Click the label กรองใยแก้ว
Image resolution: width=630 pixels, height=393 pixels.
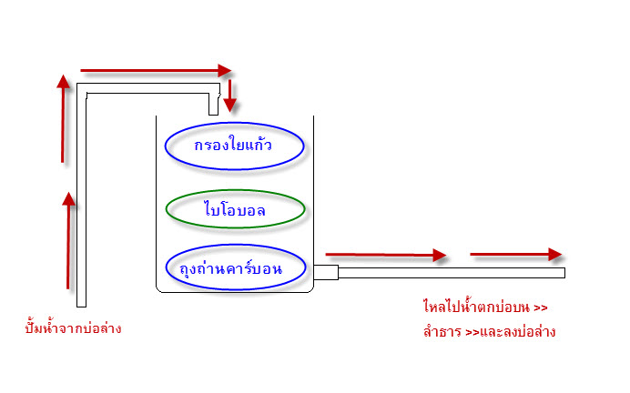point(233,145)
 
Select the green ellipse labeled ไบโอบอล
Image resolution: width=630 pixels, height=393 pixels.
point(236,190)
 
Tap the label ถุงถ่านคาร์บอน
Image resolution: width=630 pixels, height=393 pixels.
point(230,268)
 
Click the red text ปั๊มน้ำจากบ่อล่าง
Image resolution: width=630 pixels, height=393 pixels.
point(73,327)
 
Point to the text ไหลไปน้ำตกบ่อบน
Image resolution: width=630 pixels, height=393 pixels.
point(476,307)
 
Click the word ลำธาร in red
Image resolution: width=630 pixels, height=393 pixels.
point(442,331)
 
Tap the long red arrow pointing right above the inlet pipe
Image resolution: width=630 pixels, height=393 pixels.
point(156,71)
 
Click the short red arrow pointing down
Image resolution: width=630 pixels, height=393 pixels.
point(229,96)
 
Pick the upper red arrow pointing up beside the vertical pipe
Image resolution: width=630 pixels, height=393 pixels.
point(63,118)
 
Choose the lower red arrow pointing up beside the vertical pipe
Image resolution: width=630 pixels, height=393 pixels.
point(68,240)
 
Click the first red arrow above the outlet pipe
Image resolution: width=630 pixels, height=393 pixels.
point(386,255)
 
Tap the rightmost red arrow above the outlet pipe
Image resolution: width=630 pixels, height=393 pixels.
point(516,254)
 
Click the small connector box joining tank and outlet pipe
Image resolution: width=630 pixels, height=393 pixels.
point(326,272)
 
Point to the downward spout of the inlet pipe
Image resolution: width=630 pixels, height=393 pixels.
point(214,105)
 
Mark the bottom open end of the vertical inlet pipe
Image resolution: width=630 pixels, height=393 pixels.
point(82,307)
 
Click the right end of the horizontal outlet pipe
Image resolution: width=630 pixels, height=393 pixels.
point(565,273)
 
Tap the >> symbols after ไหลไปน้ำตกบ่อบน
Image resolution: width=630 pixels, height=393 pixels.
point(541,308)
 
